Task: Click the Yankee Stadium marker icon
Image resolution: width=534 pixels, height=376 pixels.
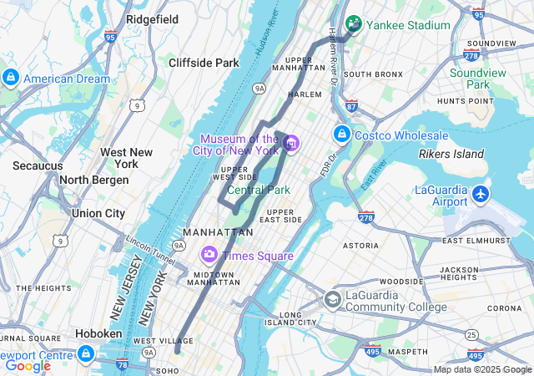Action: click(x=354, y=24)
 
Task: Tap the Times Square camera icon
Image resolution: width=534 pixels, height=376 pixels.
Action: click(x=208, y=254)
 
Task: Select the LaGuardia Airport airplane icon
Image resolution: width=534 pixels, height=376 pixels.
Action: click(x=481, y=194)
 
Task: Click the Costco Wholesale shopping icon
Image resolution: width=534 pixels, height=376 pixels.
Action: click(x=341, y=135)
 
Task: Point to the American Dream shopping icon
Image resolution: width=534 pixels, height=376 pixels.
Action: click(x=11, y=79)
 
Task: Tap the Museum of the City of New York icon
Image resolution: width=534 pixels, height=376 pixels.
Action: click(x=290, y=145)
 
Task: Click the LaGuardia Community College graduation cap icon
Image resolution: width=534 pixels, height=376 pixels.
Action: click(x=332, y=300)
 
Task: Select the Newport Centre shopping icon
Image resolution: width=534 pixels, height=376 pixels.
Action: click(x=85, y=354)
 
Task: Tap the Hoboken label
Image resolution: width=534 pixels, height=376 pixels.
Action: click(x=99, y=333)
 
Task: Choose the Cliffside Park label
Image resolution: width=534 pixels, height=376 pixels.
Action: click(x=204, y=63)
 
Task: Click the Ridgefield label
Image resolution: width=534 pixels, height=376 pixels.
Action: click(x=153, y=18)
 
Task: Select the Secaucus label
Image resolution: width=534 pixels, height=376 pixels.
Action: click(x=37, y=165)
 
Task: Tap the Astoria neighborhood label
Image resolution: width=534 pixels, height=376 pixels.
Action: click(x=361, y=246)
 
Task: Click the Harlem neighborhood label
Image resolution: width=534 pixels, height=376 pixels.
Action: click(x=305, y=94)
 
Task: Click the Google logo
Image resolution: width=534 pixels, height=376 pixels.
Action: click(x=28, y=365)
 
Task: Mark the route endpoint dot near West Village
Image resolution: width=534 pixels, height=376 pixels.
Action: click(x=177, y=351)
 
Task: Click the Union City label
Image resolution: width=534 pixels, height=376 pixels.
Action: click(x=98, y=213)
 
